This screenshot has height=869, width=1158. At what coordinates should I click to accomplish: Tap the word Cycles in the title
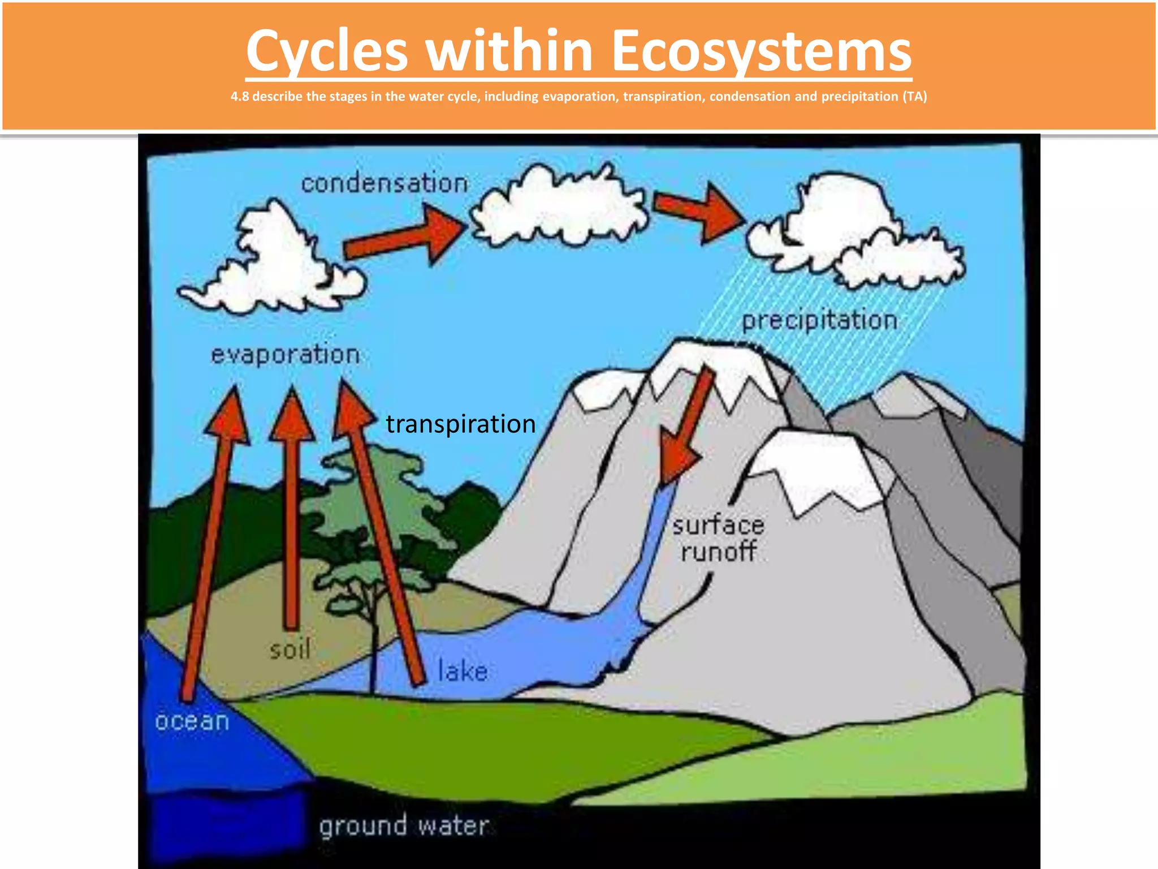pyautogui.click(x=327, y=52)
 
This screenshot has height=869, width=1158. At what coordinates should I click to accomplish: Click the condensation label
pyautogui.click(x=384, y=184)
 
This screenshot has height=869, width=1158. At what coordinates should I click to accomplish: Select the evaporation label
pyautogui.click(x=286, y=355)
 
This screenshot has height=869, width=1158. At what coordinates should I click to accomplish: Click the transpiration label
pyautogui.click(x=460, y=424)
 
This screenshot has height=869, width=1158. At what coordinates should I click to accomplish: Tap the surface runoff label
pyautogui.click(x=718, y=539)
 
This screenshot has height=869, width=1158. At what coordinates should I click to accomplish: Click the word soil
pyautogui.click(x=290, y=649)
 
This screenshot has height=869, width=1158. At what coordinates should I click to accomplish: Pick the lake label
pyautogui.click(x=463, y=672)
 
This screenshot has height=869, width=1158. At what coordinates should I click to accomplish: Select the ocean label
pyautogui.click(x=192, y=722)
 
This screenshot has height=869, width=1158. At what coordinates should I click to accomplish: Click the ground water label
pyautogui.click(x=404, y=826)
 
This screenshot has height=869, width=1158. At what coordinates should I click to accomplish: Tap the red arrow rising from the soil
pyautogui.click(x=292, y=509)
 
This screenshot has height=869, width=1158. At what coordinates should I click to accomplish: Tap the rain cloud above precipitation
pyautogui.click(x=848, y=232)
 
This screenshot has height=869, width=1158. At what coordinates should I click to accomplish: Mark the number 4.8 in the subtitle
pyautogui.click(x=239, y=97)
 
